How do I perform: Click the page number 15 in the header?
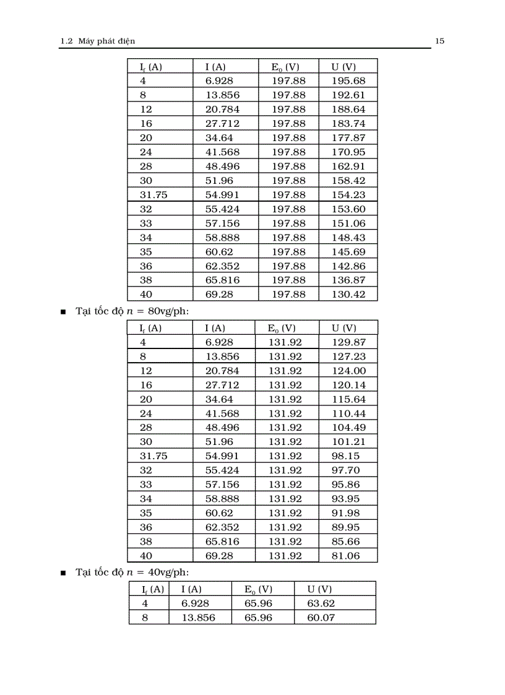440,41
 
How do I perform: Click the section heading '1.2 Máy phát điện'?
97,41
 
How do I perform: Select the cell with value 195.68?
348,80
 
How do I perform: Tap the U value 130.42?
348,294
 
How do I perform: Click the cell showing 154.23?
348,194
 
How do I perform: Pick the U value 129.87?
348,342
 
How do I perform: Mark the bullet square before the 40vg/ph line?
63,573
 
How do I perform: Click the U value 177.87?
348,137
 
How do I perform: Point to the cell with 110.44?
348,413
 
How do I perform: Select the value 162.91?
348,166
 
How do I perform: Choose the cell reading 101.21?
348,441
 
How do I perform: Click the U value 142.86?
348,265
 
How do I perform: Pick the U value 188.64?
348,109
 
